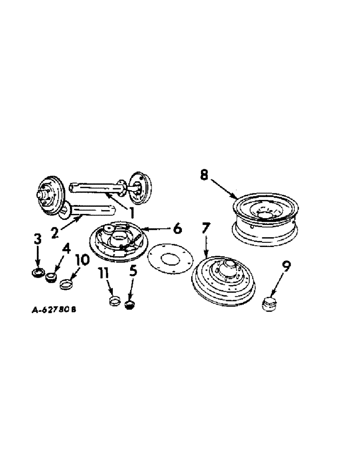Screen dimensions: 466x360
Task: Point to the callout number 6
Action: coord(177,229)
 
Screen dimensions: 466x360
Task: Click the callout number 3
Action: coord(37,241)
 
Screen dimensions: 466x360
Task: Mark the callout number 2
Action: coord(55,232)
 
